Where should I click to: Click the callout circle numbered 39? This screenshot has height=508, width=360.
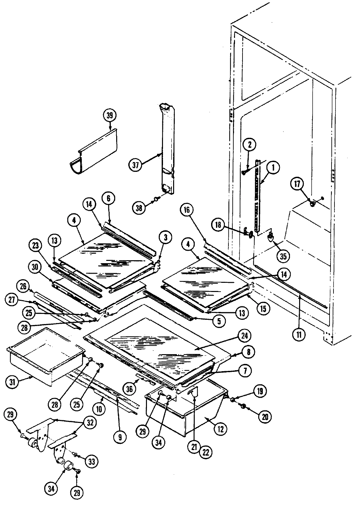[x=109, y=116]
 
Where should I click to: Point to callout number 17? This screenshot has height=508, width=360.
[x=297, y=185]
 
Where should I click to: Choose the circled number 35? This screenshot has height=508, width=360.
[x=283, y=256]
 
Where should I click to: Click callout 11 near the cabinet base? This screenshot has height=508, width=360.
[x=300, y=334]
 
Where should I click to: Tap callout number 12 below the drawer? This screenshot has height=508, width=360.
[x=220, y=429]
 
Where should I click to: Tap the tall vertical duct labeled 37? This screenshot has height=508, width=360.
[x=167, y=147]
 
